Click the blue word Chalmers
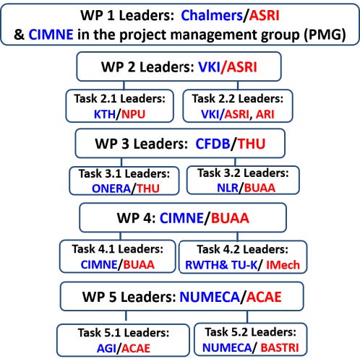tap(212, 16)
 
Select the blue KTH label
tap(105, 114)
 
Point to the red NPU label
tap(133, 114)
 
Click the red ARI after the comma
tap(265, 114)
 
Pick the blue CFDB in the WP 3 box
tap(213, 144)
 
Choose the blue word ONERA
tap(111, 188)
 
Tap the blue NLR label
tap(228, 188)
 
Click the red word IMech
tap(283, 265)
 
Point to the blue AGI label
tap(106, 348)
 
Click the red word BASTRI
tap(280, 348)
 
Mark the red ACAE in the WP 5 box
tap(264, 297)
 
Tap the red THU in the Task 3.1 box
tap(148, 188)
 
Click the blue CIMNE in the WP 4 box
tap(181, 218)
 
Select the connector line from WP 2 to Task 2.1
tap(124, 85)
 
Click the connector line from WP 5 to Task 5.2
tap(247, 317)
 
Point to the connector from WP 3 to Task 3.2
tap(235, 162)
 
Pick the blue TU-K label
tap(244, 265)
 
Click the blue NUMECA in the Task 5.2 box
tap(227, 348)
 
